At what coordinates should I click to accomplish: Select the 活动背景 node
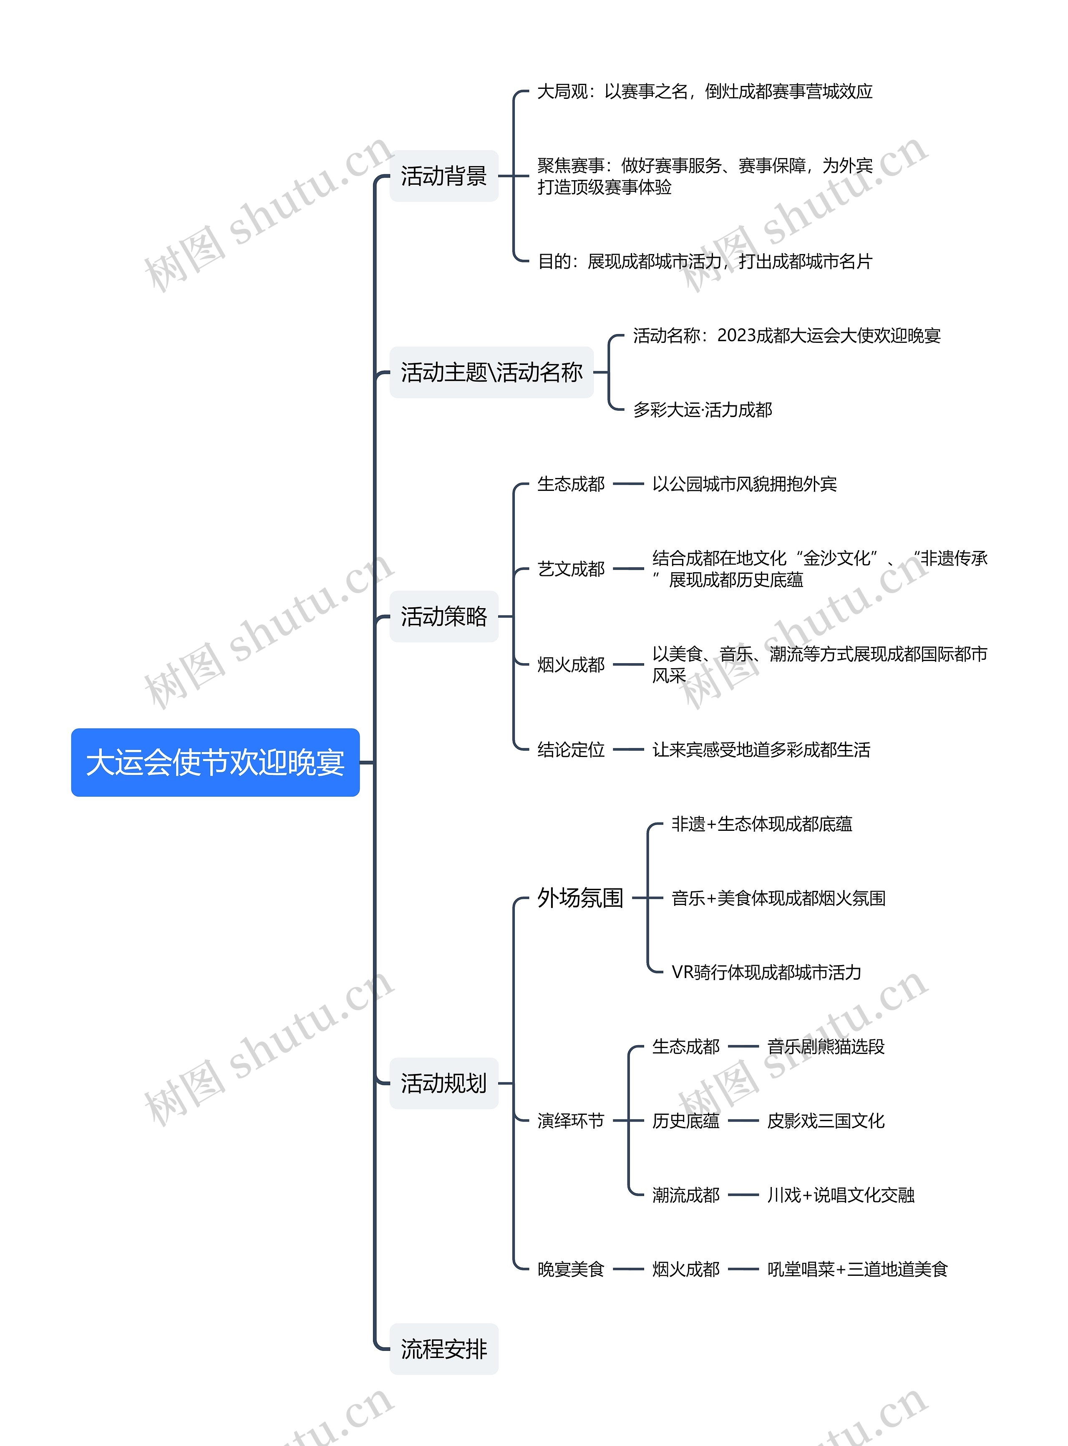443,176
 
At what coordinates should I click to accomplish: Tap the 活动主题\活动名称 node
491,372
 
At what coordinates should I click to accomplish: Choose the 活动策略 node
443,616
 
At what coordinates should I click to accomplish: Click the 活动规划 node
443,1084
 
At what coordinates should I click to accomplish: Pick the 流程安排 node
443,1349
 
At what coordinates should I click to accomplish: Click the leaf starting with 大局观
705,92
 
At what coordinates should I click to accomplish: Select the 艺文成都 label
571,569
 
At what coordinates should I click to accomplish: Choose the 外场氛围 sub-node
580,898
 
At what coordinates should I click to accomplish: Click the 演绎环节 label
571,1121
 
